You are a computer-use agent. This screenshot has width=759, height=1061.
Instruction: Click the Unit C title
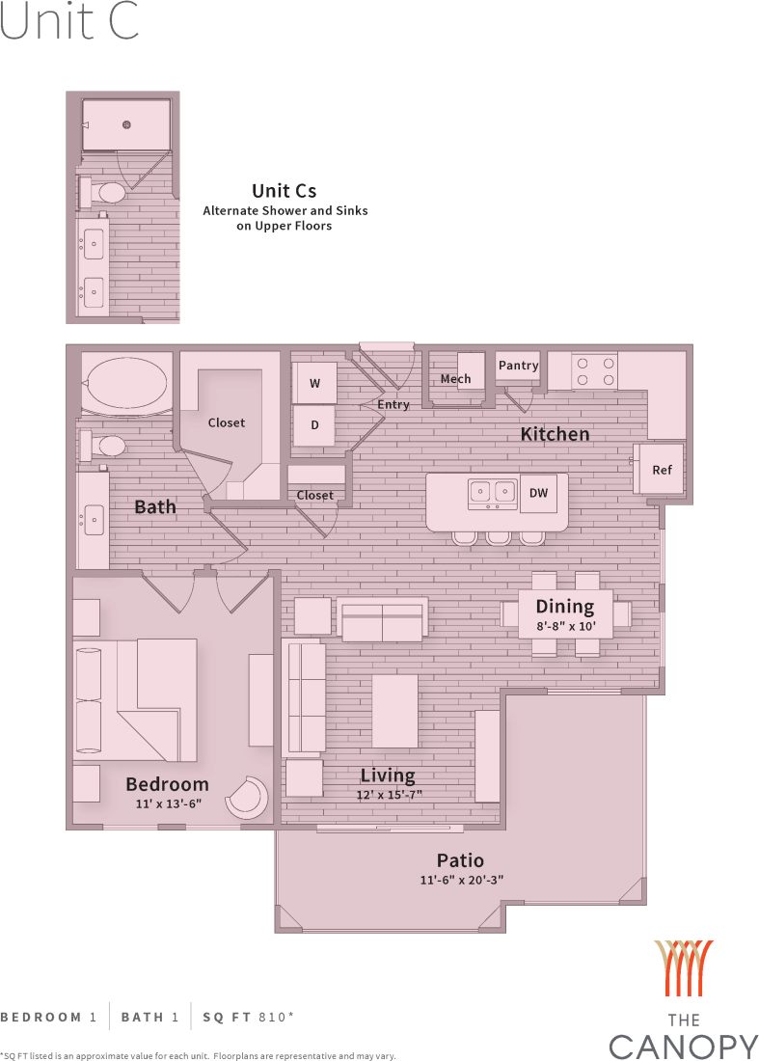click(x=69, y=23)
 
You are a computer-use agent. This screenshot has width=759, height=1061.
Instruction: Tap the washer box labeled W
click(x=314, y=383)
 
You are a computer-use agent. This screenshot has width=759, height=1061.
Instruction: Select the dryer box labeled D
click(x=314, y=424)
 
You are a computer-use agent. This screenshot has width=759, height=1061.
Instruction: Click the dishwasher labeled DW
click(x=538, y=493)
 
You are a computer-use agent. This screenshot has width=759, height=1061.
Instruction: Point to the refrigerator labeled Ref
click(x=662, y=470)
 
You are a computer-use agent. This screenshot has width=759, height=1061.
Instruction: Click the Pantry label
click(x=518, y=366)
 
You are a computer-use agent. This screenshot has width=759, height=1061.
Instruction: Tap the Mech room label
click(x=455, y=378)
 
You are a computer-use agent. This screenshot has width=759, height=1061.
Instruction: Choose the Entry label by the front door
click(x=393, y=404)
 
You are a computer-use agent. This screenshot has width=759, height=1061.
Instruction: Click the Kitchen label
click(x=555, y=434)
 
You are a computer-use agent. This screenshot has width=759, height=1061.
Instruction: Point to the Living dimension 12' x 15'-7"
click(x=388, y=795)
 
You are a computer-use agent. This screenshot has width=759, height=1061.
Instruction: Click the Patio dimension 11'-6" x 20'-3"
click(x=462, y=880)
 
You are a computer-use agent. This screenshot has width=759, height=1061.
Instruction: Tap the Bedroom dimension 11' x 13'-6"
click(x=167, y=803)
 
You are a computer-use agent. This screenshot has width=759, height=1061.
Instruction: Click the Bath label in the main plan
click(x=155, y=505)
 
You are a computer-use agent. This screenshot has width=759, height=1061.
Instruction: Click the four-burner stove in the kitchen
click(x=595, y=371)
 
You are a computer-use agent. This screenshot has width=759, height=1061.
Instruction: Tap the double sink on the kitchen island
click(x=492, y=493)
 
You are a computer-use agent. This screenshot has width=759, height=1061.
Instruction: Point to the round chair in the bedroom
click(x=248, y=798)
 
